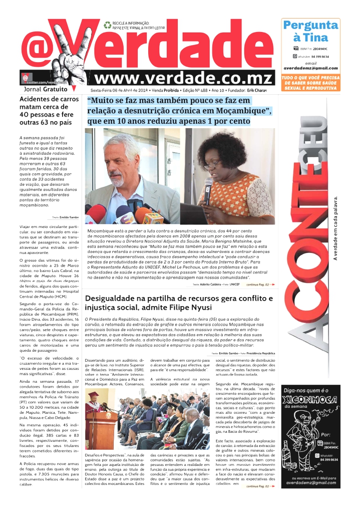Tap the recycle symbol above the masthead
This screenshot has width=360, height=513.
(x=107, y=25)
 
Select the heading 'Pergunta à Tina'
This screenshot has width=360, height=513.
(x=310, y=31)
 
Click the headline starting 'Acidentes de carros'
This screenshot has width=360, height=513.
(x=49, y=110)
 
